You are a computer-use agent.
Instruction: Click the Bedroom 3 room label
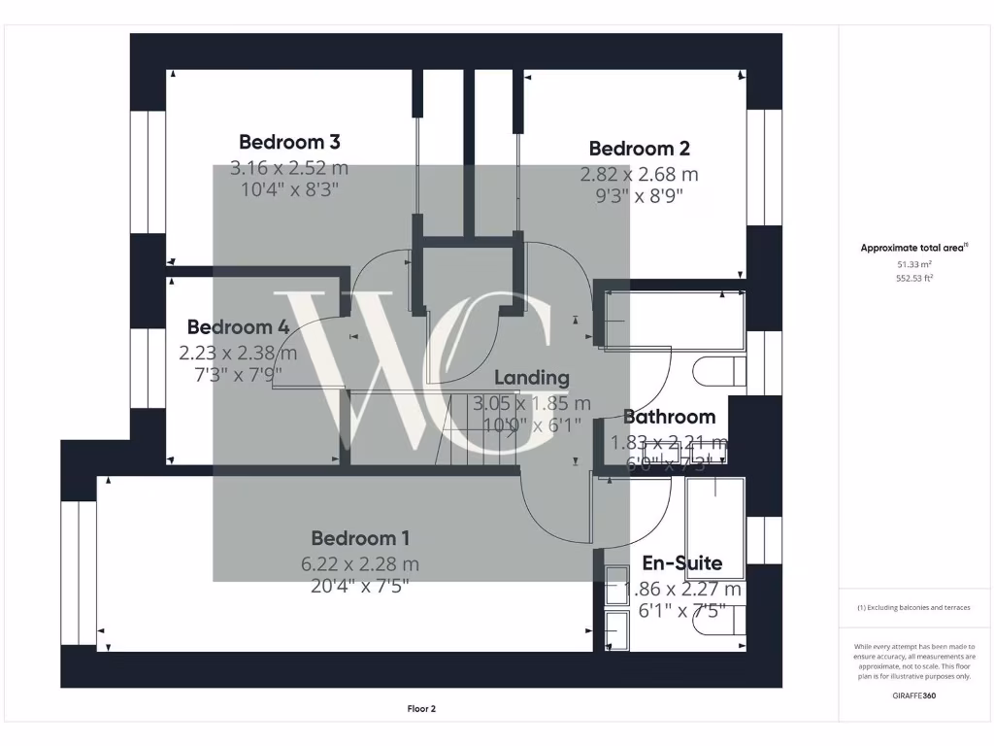[x=289, y=142]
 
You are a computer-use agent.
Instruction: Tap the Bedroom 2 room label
[x=639, y=149]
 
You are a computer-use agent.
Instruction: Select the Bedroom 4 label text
[x=238, y=327]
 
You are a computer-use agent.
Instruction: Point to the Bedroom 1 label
[x=360, y=538]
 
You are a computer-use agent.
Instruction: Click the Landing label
[x=532, y=378]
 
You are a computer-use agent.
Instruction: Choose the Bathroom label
[x=669, y=417]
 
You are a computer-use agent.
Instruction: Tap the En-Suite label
[x=682, y=563]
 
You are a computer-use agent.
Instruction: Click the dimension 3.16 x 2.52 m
[x=289, y=168]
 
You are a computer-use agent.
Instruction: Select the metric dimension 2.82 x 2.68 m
[x=639, y=175]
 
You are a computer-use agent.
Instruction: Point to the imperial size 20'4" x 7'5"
[x=360, y=586]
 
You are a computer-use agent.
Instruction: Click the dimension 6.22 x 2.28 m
[x=360, y=563]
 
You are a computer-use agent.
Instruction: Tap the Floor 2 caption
[x=421, y=709]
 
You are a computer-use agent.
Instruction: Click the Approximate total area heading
[x=913, y=248]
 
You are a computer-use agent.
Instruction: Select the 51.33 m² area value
[x=913, y=263]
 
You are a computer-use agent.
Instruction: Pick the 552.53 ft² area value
[x=913, y=278]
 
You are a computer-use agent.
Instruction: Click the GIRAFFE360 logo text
[x=913, y=695]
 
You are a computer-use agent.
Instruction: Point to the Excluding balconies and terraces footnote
[x=913, y=607]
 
